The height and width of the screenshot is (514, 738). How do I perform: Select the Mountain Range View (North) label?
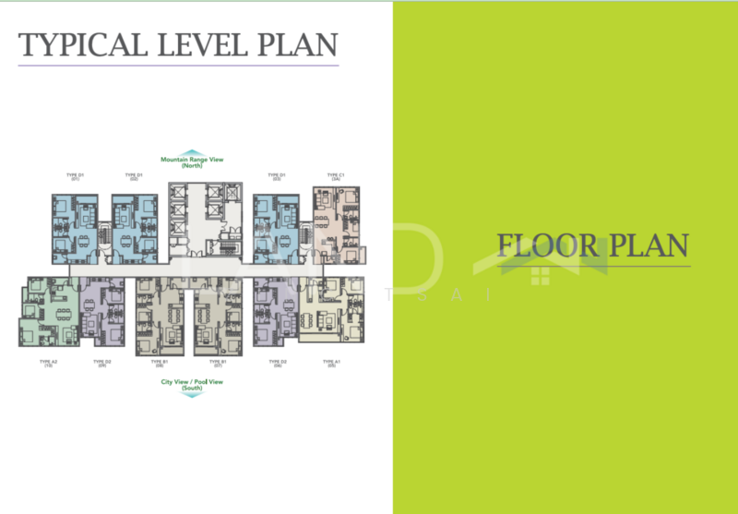click(x=192, y=162)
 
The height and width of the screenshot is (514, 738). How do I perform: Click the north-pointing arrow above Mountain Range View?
click(x=192, y=152)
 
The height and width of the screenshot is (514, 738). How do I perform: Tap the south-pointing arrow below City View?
click(x=192, y=394)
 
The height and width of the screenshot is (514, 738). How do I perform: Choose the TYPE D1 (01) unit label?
click(x=76, y=176)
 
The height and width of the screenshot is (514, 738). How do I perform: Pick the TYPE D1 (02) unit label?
click(x=134, y=176)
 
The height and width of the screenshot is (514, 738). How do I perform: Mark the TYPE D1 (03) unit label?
click(x=276, y=176)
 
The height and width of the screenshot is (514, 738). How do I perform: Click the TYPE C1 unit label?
click(x=335, y=176)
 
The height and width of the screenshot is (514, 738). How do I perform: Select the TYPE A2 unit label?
click(x=49, y=364)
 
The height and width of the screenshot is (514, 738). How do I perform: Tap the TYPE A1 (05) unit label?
click(x=332, y=364)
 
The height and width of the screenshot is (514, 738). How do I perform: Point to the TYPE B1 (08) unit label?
click(x=159, y=364)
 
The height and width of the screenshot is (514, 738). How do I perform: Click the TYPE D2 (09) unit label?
click(x=101, y=364)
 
